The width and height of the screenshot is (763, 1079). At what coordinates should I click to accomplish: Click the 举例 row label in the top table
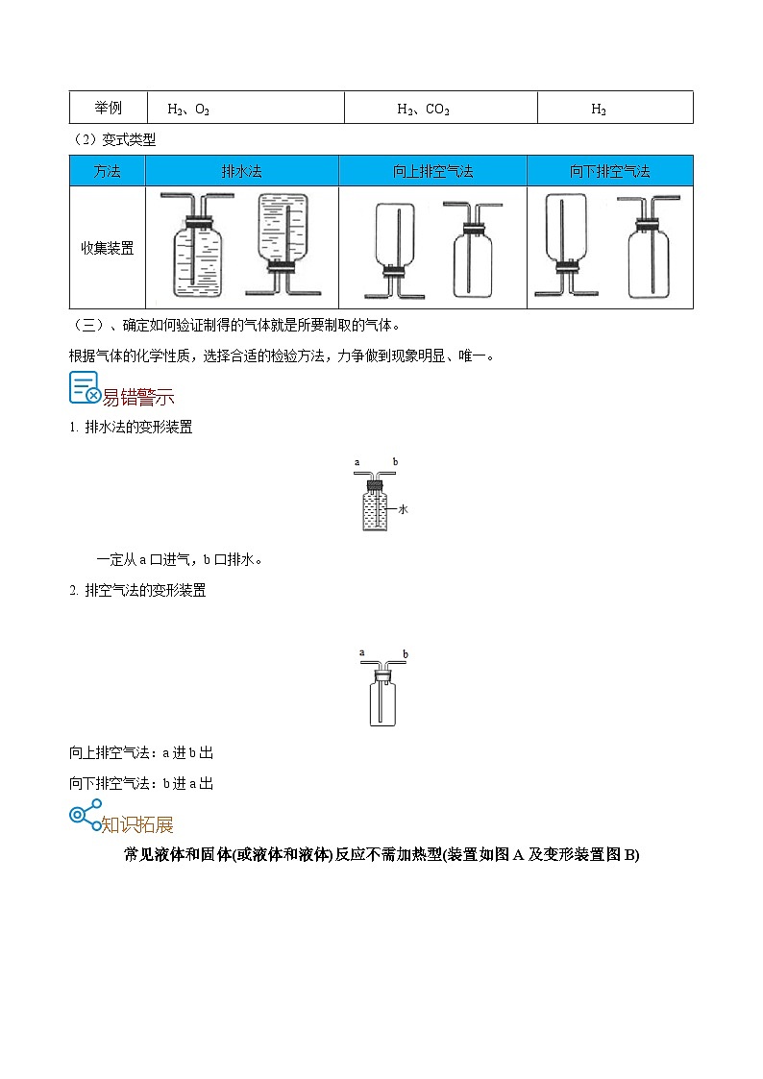107,109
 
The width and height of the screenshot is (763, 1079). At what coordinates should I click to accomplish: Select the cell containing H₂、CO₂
423,110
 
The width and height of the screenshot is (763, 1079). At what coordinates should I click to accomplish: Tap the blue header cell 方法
107,172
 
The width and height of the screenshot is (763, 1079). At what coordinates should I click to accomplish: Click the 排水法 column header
241,172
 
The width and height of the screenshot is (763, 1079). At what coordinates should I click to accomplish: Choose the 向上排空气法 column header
432,172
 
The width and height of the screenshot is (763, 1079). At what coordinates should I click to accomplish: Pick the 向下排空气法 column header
609,172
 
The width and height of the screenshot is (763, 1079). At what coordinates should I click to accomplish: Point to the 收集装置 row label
107,248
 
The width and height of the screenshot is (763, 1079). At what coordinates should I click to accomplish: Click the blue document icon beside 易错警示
86,387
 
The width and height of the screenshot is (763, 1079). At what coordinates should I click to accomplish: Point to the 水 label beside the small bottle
403,509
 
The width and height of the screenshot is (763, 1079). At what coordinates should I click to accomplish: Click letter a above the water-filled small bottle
357,463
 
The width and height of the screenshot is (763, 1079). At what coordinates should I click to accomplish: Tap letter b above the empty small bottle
406,654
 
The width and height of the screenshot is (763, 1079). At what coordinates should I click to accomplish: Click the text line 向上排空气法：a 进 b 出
141,752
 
